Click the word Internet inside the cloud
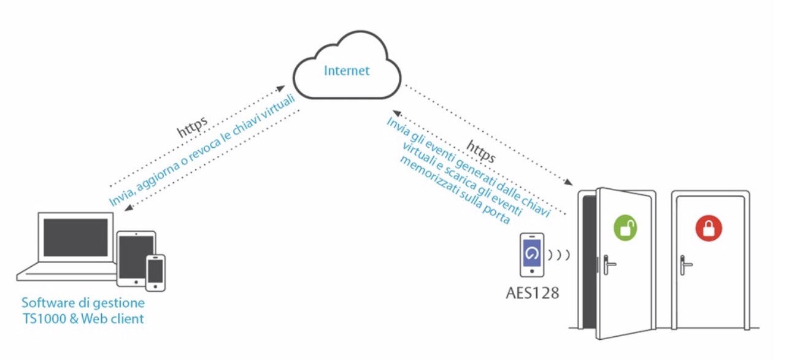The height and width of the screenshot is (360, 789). click(x=347, y=71)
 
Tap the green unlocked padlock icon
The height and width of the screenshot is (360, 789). click(x=626, y=228)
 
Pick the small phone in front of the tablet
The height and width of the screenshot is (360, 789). click(x=156, y=272)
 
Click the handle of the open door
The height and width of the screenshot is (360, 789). click(x=608, y=264)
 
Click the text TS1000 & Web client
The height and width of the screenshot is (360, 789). click(x=83, y=318)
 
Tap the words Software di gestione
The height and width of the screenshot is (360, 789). click(x=83, y=303)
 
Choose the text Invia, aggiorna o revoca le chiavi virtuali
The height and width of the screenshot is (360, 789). click(x=202, y=151)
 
